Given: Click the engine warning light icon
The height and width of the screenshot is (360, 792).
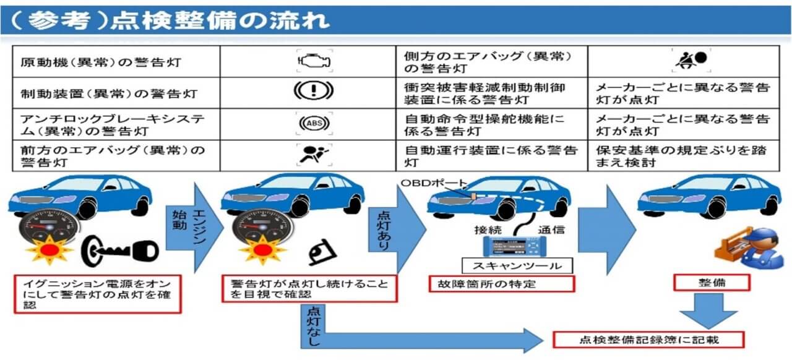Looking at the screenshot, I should point(313,61).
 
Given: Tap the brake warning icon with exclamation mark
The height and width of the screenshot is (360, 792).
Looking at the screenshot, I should point(312,92).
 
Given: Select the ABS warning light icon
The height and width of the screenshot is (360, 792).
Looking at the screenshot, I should point(312,123).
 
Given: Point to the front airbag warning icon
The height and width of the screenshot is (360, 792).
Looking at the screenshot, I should point(312,155).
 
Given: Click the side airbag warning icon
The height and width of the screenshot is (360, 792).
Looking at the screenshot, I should point(690,60).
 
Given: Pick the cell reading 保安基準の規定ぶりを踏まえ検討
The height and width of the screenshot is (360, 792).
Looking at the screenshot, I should point(683,156).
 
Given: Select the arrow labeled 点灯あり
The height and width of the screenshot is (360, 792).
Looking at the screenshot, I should point(396,229).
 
